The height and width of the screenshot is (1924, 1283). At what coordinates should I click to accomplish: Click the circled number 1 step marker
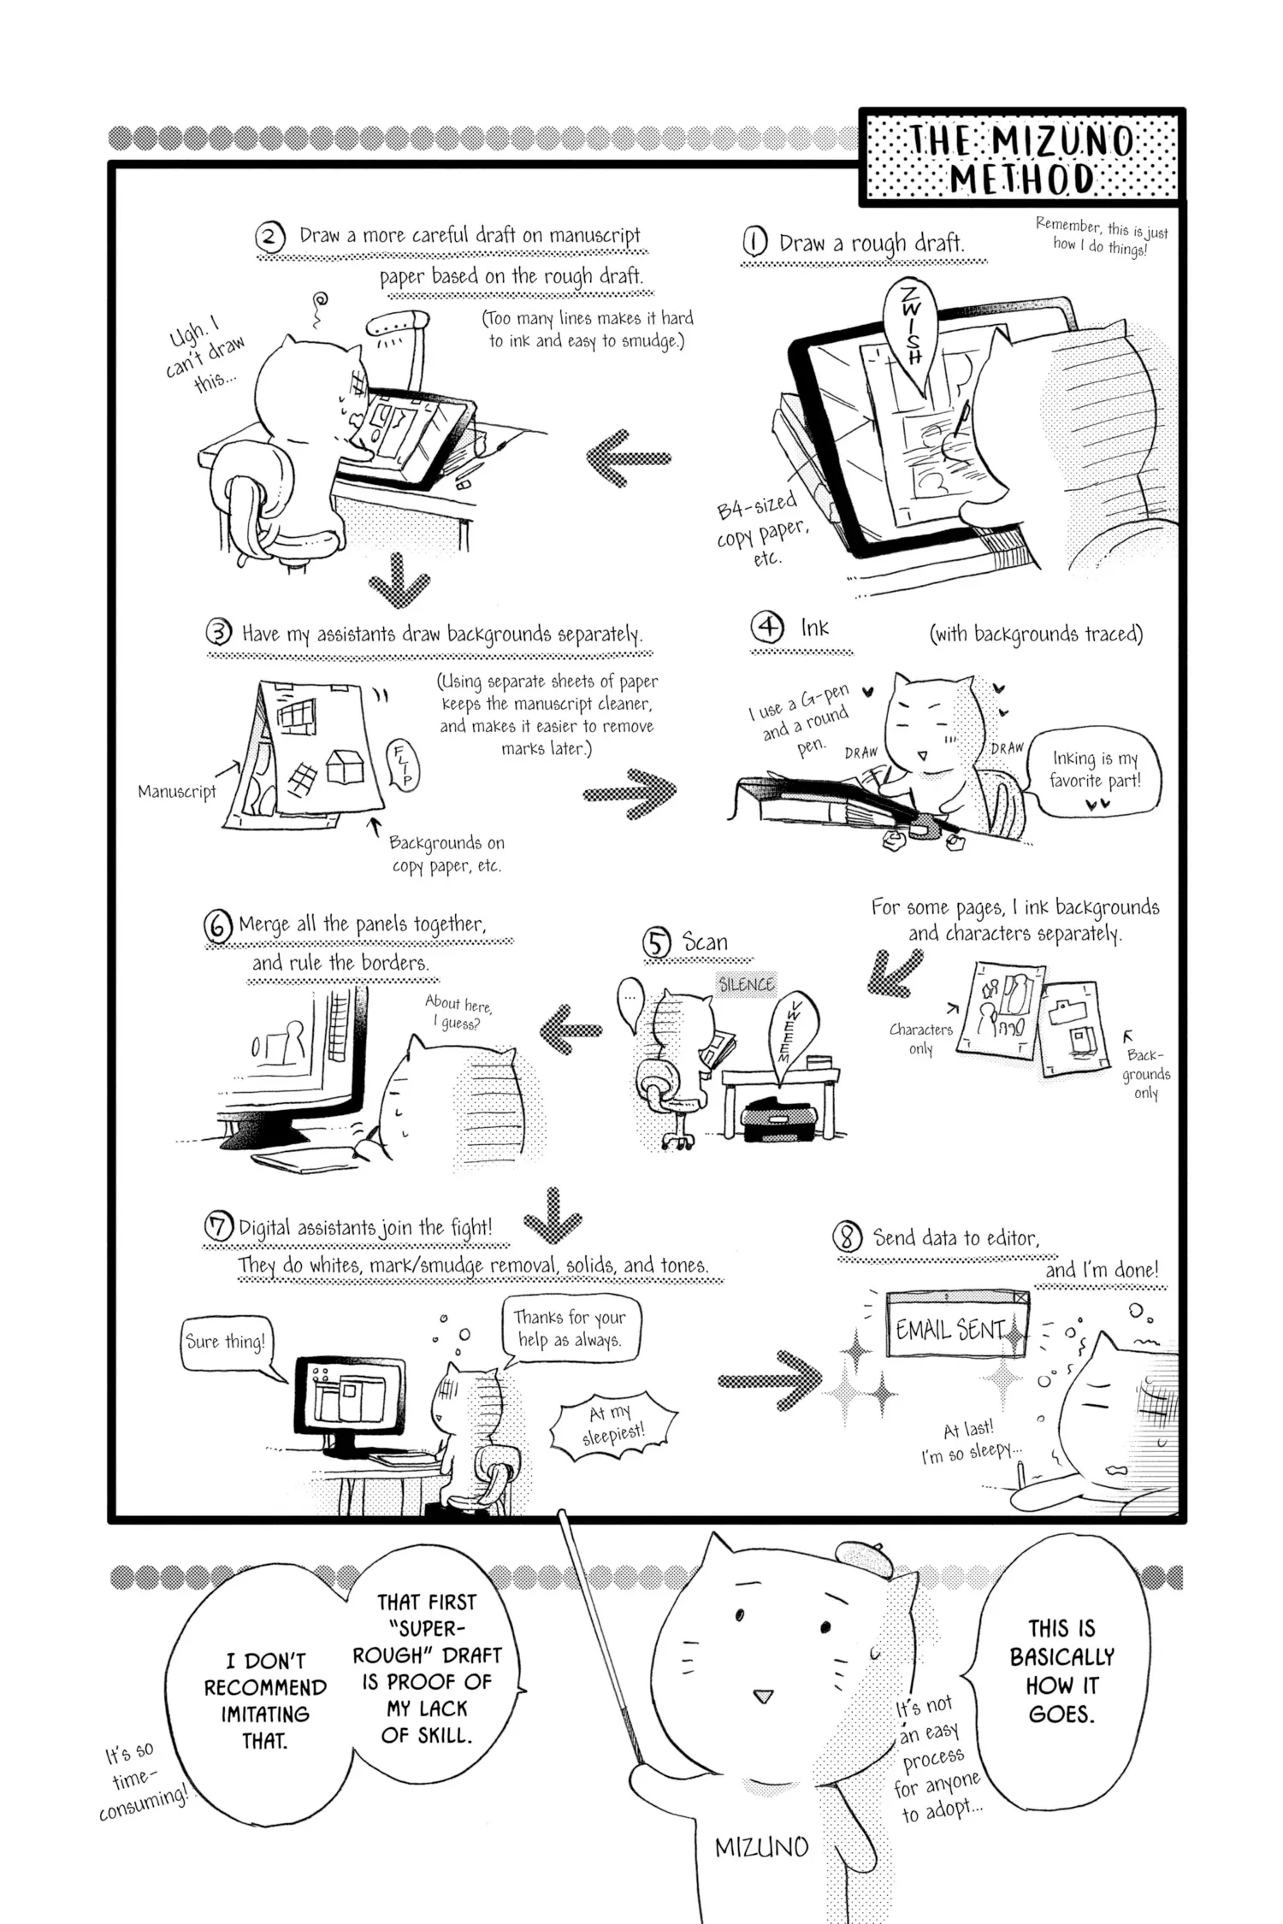click(x=754, y=243)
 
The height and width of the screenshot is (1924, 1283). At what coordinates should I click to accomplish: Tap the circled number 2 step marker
click(x=270, y=236)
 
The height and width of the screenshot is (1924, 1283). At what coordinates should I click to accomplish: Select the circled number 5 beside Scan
click(x=657, y=943)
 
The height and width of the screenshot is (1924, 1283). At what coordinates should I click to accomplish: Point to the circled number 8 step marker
click(x=847, y=1237)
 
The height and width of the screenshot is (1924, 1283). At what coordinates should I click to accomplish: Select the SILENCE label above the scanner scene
click(x=746, y=984)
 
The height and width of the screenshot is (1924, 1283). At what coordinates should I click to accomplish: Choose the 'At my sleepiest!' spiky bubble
click(x=613, y=1423)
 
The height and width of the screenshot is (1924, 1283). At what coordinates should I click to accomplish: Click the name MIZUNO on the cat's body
click(x=761, y=1848)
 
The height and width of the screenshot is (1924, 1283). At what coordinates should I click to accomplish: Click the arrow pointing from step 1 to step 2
click(x=629, y=457)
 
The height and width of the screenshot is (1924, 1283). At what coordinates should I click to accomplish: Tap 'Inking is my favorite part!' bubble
click(x=1095, y=770)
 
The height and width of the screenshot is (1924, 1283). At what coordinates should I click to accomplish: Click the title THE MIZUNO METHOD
click(x=1022, y=159)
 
